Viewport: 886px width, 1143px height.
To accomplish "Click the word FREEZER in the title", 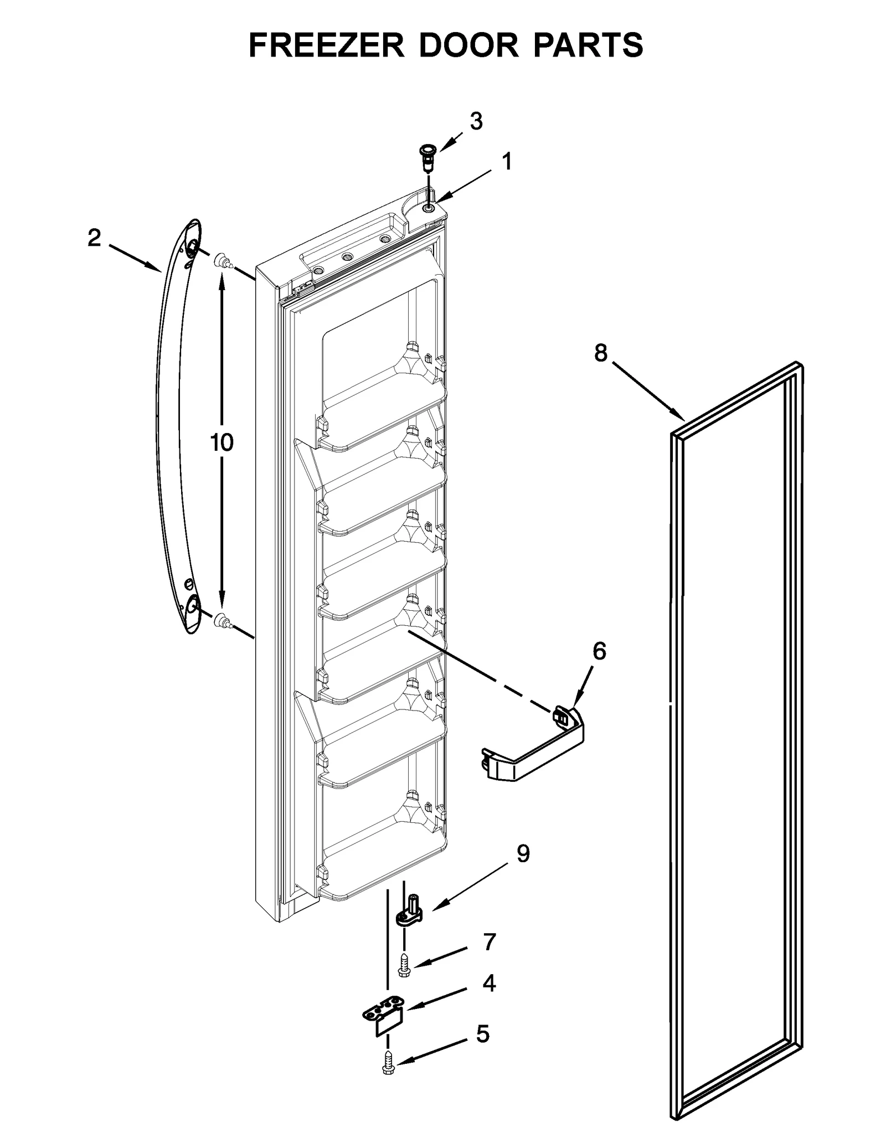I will coord(326,45).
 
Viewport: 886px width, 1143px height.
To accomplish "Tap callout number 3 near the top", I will coord(476,121).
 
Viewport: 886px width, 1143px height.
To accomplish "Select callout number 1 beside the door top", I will coord(506,162).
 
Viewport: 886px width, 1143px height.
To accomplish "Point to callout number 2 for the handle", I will coord(94,238).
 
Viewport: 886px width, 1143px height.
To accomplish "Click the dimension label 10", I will coord(221,442).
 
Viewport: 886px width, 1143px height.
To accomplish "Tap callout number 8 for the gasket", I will coord(601,353).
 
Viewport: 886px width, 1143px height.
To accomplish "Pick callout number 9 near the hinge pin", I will coord(523,853).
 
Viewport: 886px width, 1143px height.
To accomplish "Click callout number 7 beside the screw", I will coord(489,942).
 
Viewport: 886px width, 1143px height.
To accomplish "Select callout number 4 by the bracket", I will coord(488,984).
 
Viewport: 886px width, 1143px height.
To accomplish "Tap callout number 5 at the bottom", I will coord(483,1034).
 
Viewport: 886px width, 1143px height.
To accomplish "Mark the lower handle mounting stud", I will coord(221,620).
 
